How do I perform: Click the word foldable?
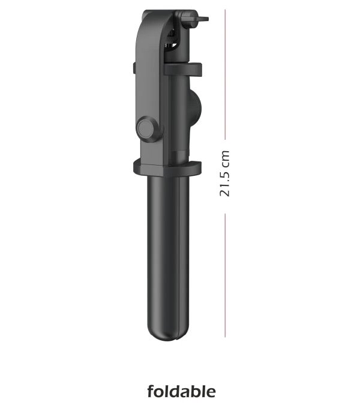[181, 392]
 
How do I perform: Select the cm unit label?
[225, 158]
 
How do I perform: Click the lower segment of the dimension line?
[225, 276]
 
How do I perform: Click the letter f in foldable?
[151, 392]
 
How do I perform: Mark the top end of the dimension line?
[225, 10]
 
